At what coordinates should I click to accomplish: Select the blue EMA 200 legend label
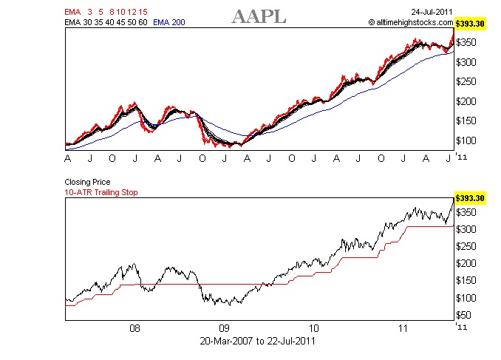pos(168,22)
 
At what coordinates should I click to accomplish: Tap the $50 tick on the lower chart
pos(465,315)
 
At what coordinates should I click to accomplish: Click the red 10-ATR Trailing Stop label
pos(100,192)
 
